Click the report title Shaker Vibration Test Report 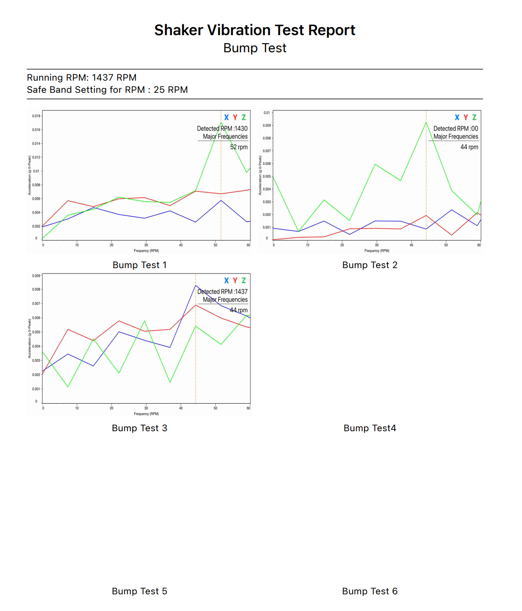pyautogui.click(x=254, y=30)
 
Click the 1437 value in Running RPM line pyautogui.click(x=102, y=78)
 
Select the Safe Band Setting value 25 pyautogui.click(x=159, y=90)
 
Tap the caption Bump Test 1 pyautogui.click(x=140, y=265)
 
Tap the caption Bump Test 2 pyautogui.click(x=370, y=265)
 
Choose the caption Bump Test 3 pyautogui.click(x=140, y=428)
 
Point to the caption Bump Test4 pyautogui.click(x=370, y=428)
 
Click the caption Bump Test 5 pyautogui.click(x=140, y=591)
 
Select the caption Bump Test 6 pyautogui.click(x=370, y=591)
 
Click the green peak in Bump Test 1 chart pyautogui.click(x=221, y=123)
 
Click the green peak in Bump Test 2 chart pyautogui.click(x=426, y=123)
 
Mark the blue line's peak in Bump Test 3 pyautogui.click(x=195, y=285)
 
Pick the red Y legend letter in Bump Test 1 pyautogui.click(x=235, y=117)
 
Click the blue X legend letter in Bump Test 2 pyautogui.click(x=457, y=117)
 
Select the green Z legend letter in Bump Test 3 pyautogui.click(x=244, y=280)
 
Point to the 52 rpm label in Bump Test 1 pyautogui.click(x=239, y=147)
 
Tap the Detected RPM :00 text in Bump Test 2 pyautogui.click(x=456, y=128)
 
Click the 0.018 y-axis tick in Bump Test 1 pyautogui.click(x=36, y=116)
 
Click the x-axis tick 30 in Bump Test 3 pyautogui.click(x=146, y=408)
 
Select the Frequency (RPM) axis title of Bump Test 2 pyautogui.click(x=377, y=251)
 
